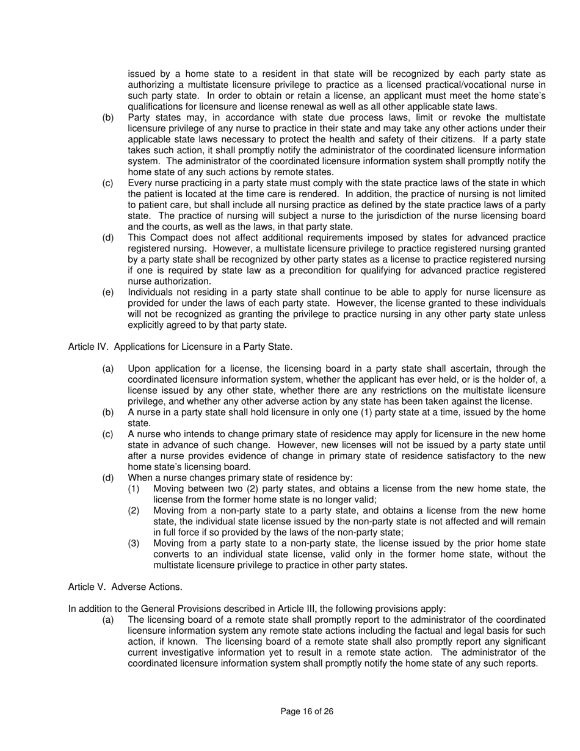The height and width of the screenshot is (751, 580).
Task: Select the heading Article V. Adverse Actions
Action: [x=125, y=587]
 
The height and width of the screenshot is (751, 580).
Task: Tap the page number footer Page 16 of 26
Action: [x=306, y=711]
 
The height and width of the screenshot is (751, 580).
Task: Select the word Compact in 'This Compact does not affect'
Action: [x=167, y=238]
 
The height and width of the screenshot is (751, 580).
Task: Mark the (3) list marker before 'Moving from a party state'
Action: [x=134, y=543]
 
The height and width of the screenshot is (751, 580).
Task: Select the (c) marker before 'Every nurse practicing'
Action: [x=108, y=183]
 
